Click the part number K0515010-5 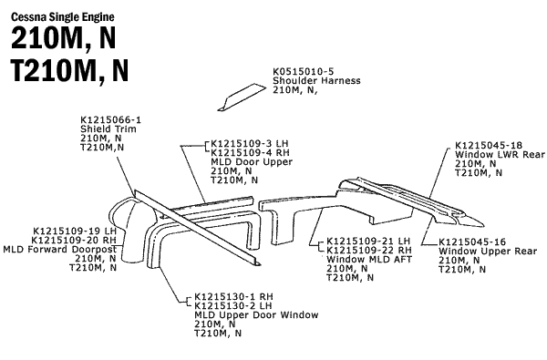[x=304, y=72]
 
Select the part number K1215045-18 [x=488, y=146]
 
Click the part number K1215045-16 [x=471, y=242]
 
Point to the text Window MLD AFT [x=362, y=260]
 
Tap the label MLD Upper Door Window [x=255, y=314]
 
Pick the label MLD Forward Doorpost [x=59, y=249]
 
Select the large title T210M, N [x=70, y=70]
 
